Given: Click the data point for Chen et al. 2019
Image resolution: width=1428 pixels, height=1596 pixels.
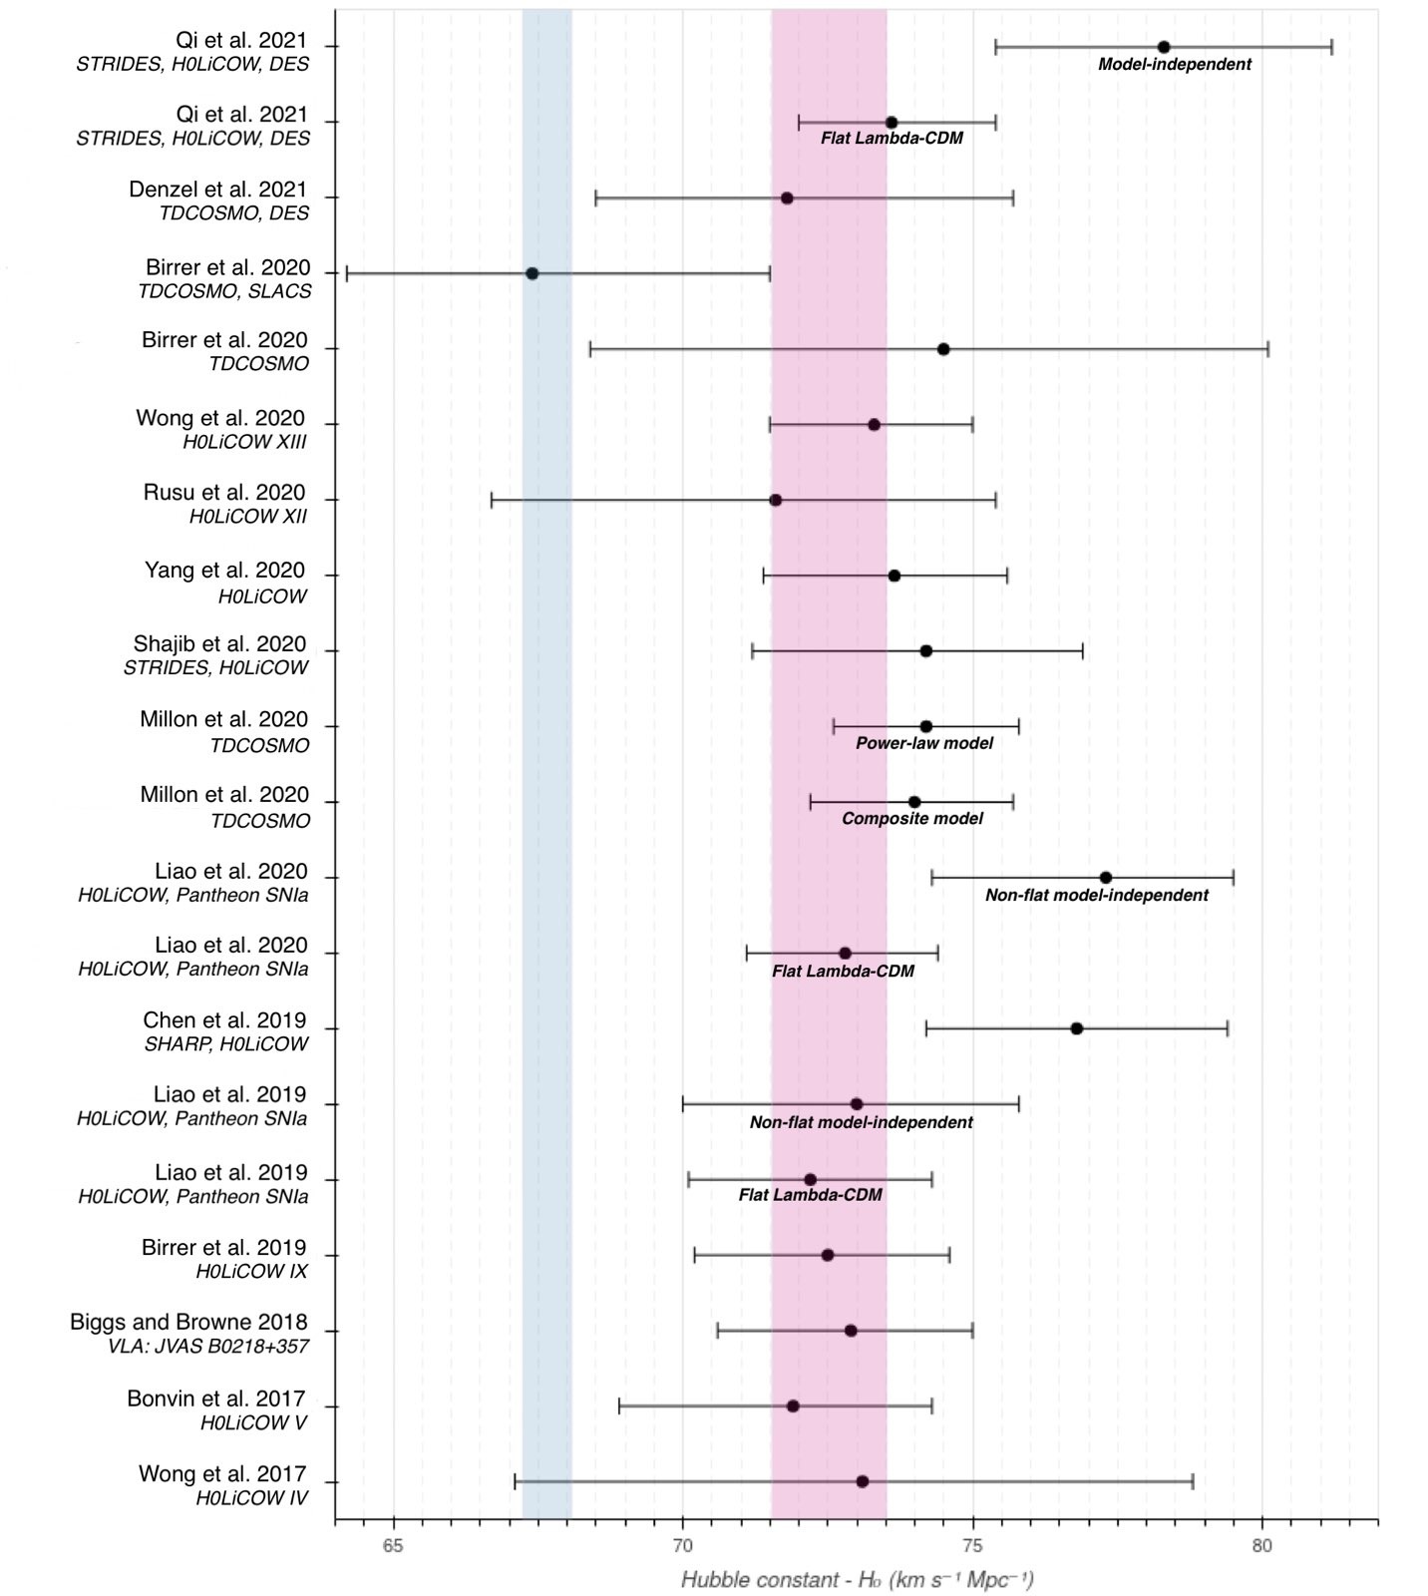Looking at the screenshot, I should coord(1077,1028).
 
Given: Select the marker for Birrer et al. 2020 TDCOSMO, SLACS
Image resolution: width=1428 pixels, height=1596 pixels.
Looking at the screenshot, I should coord(533,273).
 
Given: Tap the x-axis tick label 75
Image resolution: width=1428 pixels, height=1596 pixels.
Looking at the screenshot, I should coord(972,1544).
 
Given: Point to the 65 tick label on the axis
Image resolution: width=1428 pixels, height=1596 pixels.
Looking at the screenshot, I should coord(394,1544).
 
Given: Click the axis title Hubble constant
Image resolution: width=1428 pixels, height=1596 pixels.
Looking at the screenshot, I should coord(857,1580).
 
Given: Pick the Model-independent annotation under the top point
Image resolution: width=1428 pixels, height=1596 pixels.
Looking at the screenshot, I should coord(1175,65).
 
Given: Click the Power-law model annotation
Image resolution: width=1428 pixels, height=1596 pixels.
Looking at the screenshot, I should coord(924,743).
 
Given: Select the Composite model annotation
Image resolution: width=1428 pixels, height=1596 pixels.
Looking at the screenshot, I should coord(912,819).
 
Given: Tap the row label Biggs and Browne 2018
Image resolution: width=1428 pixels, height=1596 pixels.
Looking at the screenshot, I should coord(188,1323).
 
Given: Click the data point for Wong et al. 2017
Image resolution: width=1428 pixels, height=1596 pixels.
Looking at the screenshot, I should coord(863,1481).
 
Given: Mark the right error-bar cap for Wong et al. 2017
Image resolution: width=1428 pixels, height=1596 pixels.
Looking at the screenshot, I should coord(1193,1481).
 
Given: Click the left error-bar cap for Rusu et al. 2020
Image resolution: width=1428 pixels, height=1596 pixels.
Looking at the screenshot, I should coord(492,500).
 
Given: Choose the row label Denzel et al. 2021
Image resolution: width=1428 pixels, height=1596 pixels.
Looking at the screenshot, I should coord(218,190).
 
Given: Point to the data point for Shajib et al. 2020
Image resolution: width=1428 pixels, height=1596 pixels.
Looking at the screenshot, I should coord(925,650).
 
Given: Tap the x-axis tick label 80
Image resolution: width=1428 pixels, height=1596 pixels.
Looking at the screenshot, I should coord(1261,1544).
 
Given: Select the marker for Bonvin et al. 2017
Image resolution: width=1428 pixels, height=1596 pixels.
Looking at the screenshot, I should coord(793,1406).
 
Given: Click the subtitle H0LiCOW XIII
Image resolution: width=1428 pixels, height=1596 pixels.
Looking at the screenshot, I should coord(244,442).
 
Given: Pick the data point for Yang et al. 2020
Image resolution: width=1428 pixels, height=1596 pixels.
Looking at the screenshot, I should coord(894,576).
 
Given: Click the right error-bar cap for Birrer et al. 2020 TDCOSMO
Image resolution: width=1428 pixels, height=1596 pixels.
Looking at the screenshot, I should coord(1267,349).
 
